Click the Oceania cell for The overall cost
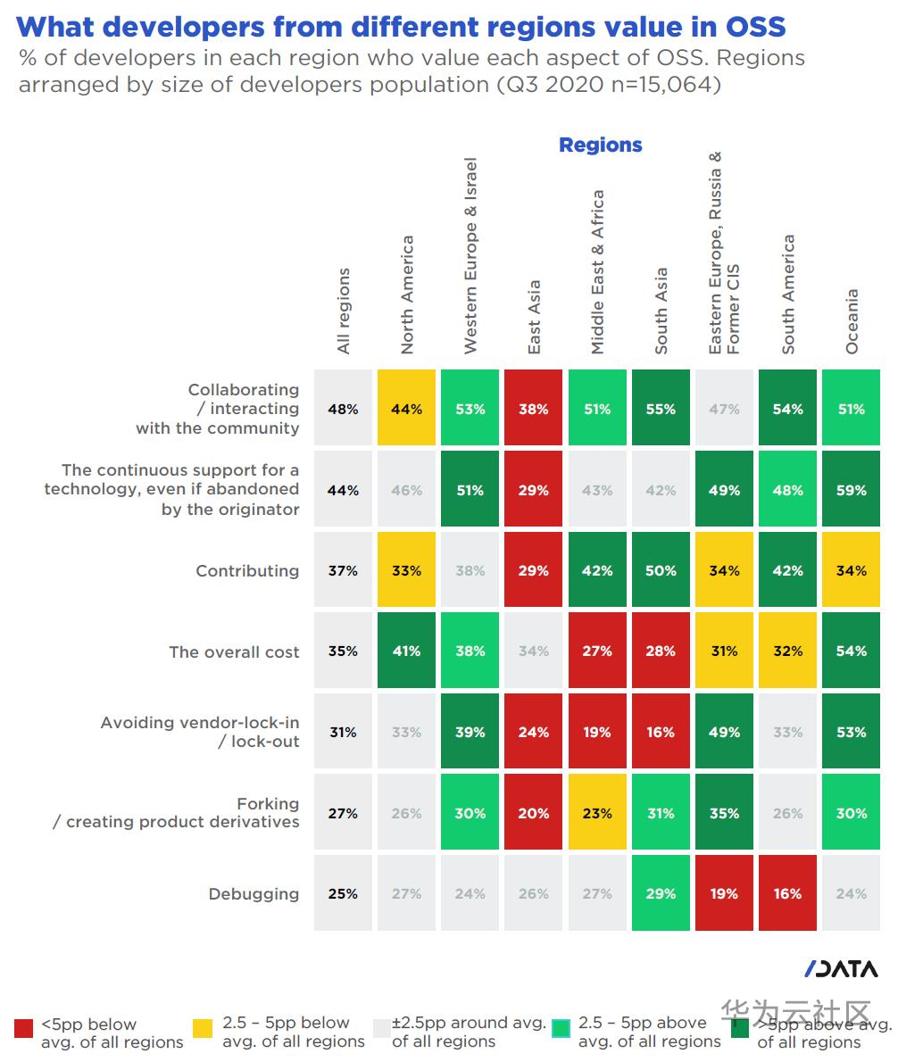[x=851, y=651]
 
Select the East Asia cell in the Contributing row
[x=533, y=570]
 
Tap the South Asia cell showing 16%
[x=661, y=732]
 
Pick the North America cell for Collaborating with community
[x=406, y=409]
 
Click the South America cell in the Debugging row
[x=787, y=893]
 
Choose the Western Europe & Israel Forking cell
[x=470, y=813]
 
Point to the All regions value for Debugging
[x=343, y=893]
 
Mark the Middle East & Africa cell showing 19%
[x=596, y=732]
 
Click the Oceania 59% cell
[x=851, y=490]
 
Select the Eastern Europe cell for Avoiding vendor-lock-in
[x=724, y=732]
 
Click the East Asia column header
[x=534, y=318]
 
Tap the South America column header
[x=788, y=295]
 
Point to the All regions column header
[x=344, y=311]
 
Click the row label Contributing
[x=247, y=571]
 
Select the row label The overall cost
[x=234, y=652]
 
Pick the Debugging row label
[x=254, y=894]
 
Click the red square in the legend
[x=24, y=1028]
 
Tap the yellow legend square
[x=203, y=1028]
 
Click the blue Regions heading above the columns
[x=600, y=145]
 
